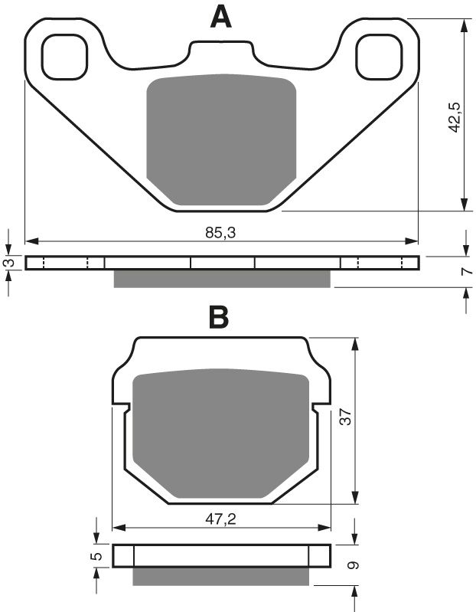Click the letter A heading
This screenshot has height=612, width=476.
tap(220, 16)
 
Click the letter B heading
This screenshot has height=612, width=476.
tap(219, 316)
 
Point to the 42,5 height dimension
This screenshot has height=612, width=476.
tap(454, 115)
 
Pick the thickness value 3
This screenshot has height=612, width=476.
tap(8, 262)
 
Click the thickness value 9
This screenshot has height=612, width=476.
tap(353, 566)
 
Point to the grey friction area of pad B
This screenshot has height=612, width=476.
tap(220, 433)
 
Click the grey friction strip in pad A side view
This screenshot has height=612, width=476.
tap(222, 279)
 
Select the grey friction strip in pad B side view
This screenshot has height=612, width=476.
tap(223, 575)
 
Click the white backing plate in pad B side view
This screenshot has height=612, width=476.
tap(222, 555)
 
